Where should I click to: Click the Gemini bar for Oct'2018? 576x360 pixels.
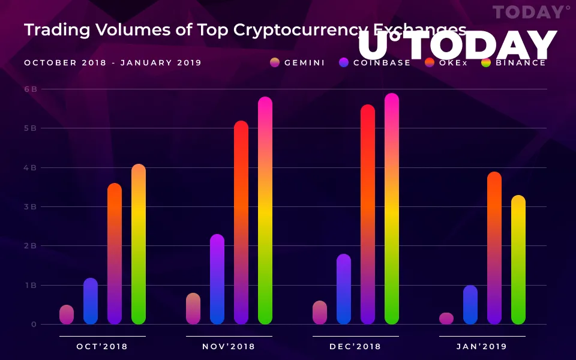[67, 314]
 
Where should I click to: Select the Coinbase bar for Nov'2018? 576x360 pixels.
[217, 279]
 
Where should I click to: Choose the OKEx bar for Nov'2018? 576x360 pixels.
[241, 223]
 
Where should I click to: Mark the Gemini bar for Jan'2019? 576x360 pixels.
[446, 319]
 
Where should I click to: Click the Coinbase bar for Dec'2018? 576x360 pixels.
[344, 289]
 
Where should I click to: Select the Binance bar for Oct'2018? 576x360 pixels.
[139, 244]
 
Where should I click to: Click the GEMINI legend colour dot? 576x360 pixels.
[275, 62]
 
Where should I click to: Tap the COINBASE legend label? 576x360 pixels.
[382, 62]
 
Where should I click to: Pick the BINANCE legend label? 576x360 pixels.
[521, 62]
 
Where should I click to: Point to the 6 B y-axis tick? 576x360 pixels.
[31, 89]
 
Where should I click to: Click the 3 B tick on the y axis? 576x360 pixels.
[31, 206]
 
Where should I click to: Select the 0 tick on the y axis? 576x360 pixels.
[34, 325]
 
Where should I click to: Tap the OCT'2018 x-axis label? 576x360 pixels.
[102, 346]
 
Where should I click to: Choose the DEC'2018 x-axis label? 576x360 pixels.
[355, 346]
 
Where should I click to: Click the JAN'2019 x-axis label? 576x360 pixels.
[482, 346]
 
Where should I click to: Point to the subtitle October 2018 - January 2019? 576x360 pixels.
[113, 62]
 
